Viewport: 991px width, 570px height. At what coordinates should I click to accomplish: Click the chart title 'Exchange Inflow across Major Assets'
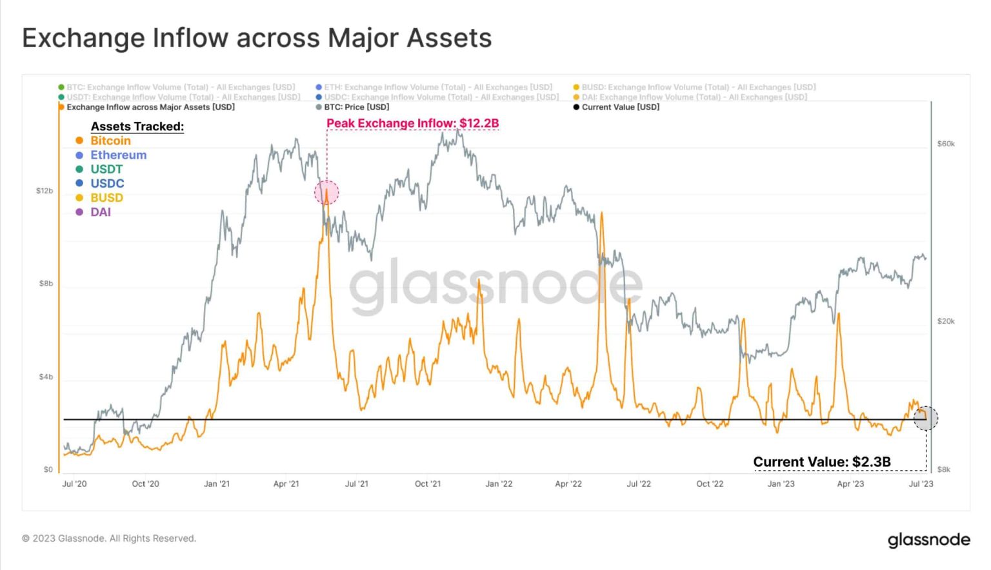click(257, 38)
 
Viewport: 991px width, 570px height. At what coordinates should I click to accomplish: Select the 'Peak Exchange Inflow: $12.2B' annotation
click(412, 123)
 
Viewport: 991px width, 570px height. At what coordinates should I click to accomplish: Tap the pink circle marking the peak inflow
click(326, 192)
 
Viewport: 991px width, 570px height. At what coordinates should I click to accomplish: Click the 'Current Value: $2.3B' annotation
click(821, 462)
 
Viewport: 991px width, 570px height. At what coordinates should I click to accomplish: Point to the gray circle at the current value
click(926, 418)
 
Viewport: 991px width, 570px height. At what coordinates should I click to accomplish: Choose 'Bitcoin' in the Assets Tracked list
click(110, 141)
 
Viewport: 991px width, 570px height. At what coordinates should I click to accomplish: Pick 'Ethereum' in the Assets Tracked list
click(118, 155)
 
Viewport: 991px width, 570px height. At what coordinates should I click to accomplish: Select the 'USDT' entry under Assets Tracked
click(106, 169)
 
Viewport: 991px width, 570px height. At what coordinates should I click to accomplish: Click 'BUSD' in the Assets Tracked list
click(106, 197)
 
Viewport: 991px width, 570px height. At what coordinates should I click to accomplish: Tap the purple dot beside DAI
click(79, 211)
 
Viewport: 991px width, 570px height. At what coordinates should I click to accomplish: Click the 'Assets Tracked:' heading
click(137, 126)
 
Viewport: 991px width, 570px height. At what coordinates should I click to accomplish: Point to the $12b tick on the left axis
click(45, 191)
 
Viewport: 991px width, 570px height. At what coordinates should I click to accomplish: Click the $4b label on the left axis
click(46, 377)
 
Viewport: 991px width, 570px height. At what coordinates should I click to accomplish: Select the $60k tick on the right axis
click(946, 144)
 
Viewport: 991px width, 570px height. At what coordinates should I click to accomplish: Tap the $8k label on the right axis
click(943, 469)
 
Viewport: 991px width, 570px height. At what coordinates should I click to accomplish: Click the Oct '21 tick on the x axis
click(427, 484)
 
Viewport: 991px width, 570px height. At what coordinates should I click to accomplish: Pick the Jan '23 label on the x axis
click(781, 484)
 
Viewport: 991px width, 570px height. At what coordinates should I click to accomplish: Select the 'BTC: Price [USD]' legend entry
click(356, 107)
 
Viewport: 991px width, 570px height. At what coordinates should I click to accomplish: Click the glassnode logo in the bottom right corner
click(928, 540)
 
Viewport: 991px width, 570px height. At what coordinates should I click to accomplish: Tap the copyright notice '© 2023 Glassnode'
click(109, 538)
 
